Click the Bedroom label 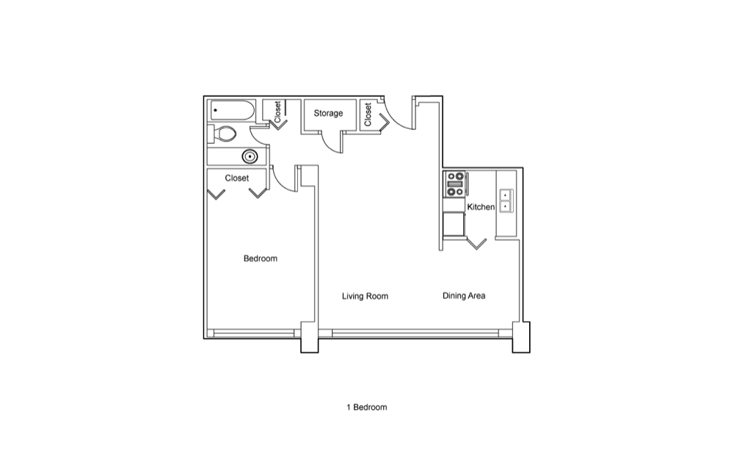click(261, 258)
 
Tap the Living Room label click(365, 296)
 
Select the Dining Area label click(464, 295)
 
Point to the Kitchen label click(481, 206)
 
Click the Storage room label click(328, 113)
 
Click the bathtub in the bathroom click(232, 111)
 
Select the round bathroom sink click(250, 156)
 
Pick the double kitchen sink click(506, 200)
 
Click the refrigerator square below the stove click(454, 224)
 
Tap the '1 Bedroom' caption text click(367, 408)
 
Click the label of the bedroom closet click(237, 178)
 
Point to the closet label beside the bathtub click(277, 112)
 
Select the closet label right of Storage click(368, 115)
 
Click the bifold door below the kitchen click(476, 244)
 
